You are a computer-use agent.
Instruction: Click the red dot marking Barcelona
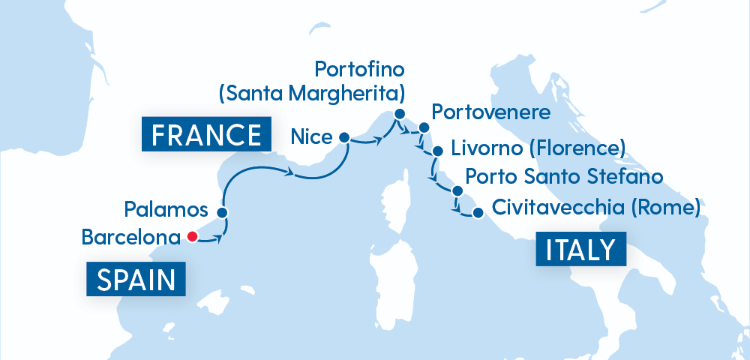[192, 237]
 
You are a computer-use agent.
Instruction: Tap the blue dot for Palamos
[222, 212]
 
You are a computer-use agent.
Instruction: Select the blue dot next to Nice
[344, 137]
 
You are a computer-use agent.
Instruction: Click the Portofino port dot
[398, 114]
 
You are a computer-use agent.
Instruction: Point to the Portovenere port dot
[423, 127]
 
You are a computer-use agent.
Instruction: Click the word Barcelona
[130, 238]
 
